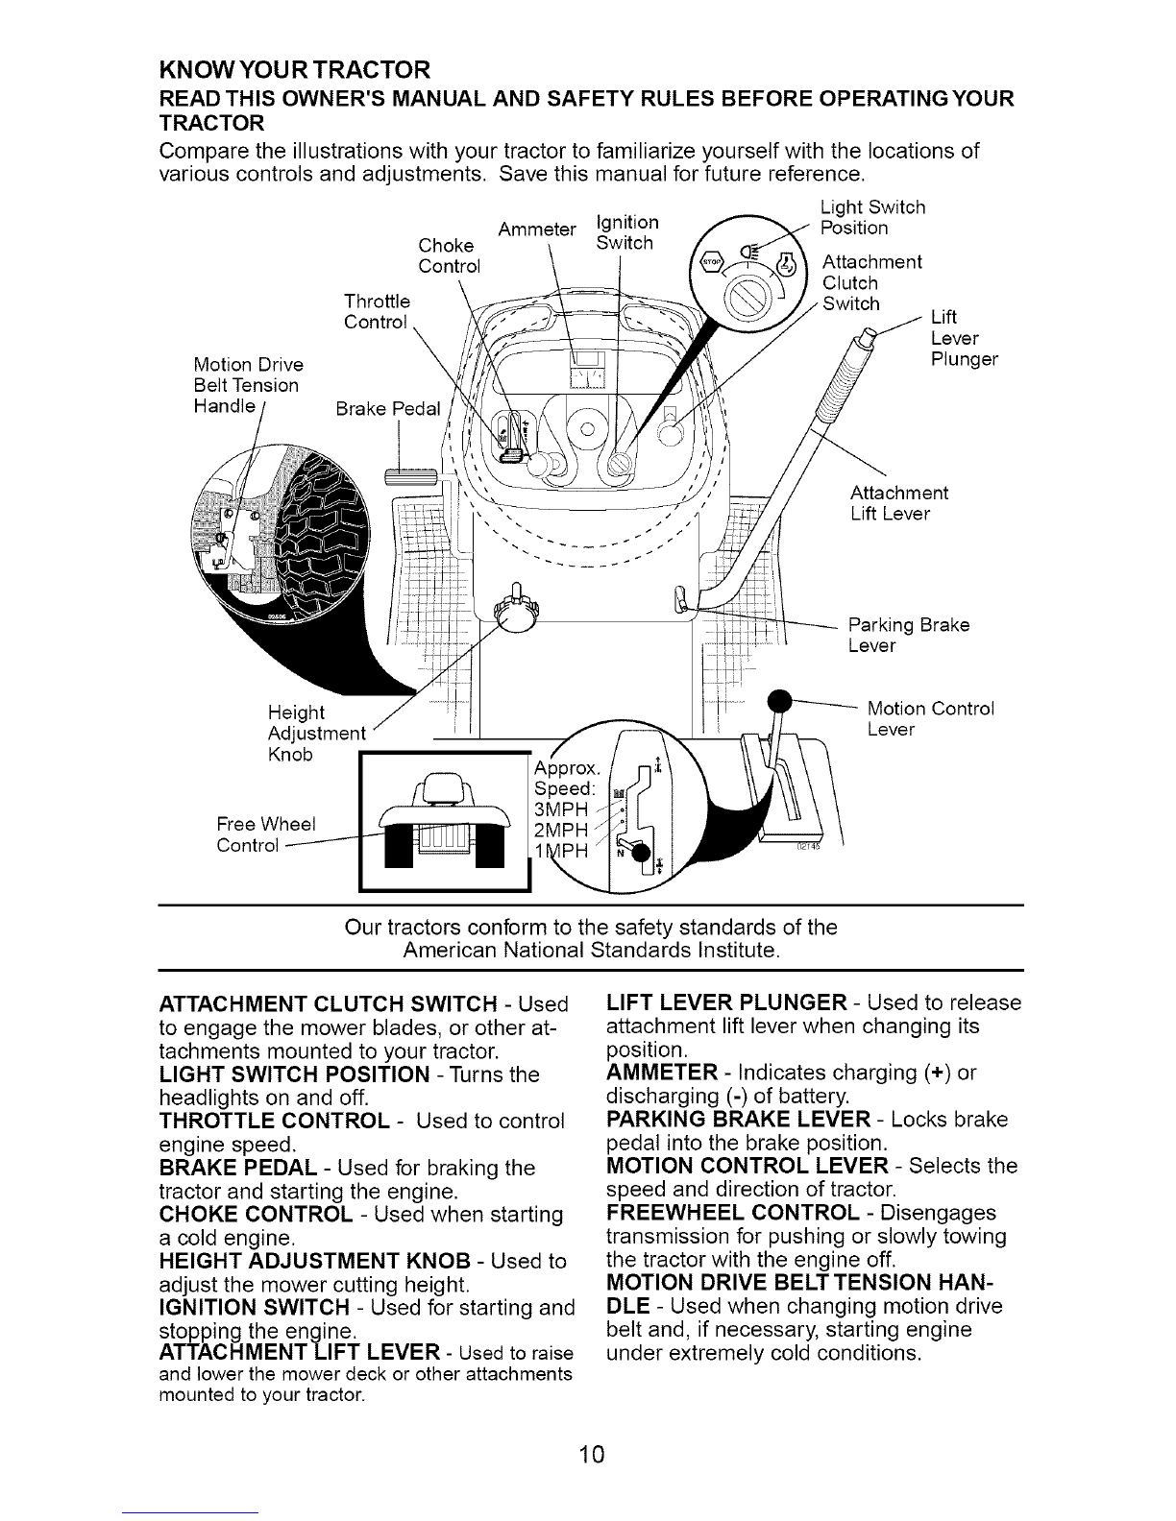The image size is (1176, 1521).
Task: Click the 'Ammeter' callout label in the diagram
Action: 536,229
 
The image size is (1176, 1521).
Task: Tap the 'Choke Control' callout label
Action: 449,255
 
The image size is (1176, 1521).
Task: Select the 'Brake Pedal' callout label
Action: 388,408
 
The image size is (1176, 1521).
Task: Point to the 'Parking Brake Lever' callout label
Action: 909,635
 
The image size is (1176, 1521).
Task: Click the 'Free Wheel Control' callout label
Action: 266,834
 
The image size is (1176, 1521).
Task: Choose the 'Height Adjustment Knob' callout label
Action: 317,733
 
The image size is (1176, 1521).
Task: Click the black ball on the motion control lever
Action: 779,700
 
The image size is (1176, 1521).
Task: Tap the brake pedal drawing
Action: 412,477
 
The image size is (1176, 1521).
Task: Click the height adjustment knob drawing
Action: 516,611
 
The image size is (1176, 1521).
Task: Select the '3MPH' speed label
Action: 561,809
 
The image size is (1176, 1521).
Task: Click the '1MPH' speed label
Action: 561,851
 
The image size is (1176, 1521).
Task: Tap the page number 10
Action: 592,1454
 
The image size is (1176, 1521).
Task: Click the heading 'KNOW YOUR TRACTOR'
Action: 295,70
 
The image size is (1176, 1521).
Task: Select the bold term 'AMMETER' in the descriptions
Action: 662,1073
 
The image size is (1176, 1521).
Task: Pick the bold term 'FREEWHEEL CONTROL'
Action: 733,1213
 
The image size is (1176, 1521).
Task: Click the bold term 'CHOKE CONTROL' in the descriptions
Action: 256,1214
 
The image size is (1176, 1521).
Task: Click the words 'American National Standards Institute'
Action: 591,950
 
